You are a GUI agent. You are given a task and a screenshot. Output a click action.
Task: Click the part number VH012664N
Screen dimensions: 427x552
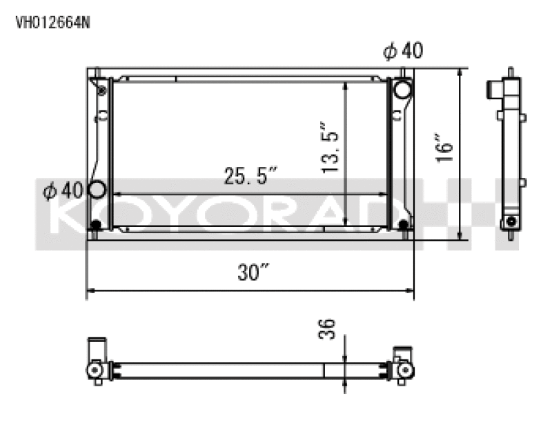click(52, 22)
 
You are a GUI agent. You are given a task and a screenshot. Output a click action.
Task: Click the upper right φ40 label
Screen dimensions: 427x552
click(403, 51)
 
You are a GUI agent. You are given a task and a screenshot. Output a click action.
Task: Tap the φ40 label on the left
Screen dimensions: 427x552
click(63, 190)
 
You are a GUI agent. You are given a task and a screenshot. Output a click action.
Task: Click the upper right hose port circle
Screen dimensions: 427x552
click(402, 90)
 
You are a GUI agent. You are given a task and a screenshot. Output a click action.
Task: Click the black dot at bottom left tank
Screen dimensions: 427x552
click(96, 225)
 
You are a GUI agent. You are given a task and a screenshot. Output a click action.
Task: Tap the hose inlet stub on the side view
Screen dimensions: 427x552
click(494, 90)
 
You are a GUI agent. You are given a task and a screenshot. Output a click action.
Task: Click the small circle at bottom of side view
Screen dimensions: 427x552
click(511, 221)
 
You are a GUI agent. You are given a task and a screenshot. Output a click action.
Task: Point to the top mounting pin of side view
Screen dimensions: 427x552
click(511, 72)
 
